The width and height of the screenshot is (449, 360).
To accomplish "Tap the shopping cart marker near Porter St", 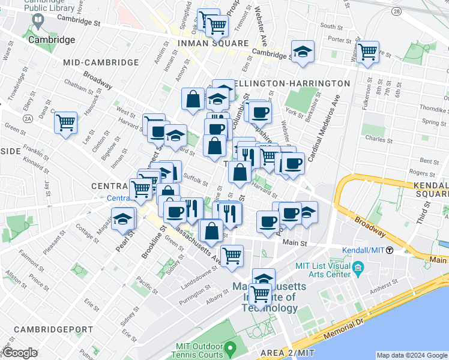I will click(367, 52).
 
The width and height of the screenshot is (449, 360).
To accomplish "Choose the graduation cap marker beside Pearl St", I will click(123, 218).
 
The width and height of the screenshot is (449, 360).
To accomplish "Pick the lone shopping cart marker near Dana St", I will click(65, 123).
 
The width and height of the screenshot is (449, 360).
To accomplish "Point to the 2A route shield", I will click(28, 118).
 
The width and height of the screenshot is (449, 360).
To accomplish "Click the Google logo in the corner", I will click(20, 352).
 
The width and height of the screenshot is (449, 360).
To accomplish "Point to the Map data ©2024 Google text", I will click(412, 355).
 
